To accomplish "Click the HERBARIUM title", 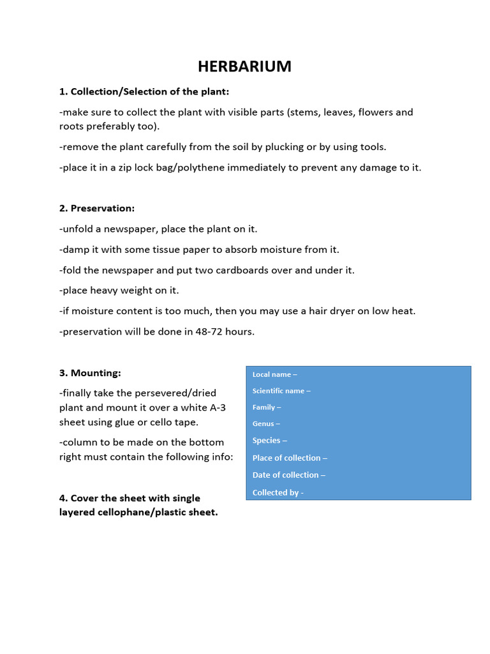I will [x=244, y=66].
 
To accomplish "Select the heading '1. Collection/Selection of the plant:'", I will [x=144, y=91].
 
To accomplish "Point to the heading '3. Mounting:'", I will [x=90, y=372].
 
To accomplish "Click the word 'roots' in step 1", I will [x=74, y=126].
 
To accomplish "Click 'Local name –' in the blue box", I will [x=274, y=374].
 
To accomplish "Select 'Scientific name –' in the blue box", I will [x=281, y=391].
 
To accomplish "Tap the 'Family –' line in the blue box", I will [x=267, y=407].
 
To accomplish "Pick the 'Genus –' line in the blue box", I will [x=266, y=423].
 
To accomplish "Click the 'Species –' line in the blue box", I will [x=269, y=441].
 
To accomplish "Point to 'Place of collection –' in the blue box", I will [x=290, y=458].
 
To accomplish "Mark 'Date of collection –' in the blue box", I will [x=288, y=475].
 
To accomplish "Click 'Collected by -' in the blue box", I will [x=278, y=492].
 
